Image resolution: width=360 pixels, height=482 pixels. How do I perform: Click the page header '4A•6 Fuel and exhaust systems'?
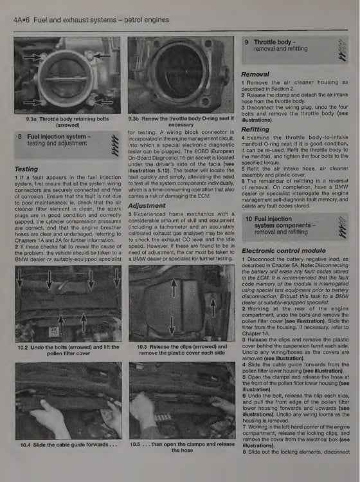[x=87, y=19]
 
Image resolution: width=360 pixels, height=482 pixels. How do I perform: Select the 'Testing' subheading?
[x=27, y=169]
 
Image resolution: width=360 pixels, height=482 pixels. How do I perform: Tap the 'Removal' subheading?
[x=256, y=74]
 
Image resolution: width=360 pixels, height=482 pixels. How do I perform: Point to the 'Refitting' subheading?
[x=257, y=129]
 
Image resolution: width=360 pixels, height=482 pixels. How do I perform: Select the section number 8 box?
[x=21, y=136]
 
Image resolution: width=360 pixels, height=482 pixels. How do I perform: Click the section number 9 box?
[x=247, y=43]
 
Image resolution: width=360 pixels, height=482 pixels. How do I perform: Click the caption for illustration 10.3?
[x=178, y=350]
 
